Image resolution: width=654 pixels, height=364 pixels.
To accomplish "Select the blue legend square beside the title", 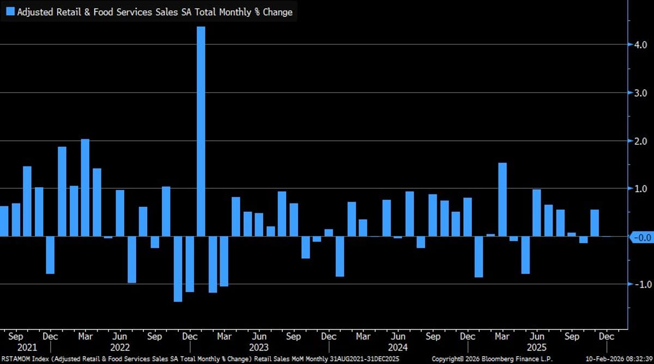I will tap(10, 12).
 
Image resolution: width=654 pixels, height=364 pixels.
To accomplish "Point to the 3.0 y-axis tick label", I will tap(639, 93).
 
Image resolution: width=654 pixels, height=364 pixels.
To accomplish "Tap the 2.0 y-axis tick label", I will tap(639, 141).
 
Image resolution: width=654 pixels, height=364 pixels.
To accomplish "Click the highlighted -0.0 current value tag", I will tap(641, 237).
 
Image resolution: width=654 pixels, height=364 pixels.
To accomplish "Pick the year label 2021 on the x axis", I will tap(26, 347).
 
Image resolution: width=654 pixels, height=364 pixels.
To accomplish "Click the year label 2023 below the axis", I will tap(258, 347).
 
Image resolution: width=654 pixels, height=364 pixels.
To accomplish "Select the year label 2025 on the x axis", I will tap(537, 347).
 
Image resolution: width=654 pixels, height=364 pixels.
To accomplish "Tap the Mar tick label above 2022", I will tap(85, 337).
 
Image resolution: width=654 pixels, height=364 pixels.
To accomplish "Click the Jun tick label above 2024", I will tap(398, 337).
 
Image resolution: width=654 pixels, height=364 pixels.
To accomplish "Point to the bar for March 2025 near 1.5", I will tap(502, 199).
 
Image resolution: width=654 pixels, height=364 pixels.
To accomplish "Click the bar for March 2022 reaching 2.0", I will tap(85, 188).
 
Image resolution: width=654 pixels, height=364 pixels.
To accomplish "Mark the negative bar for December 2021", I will tap(50, 255).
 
